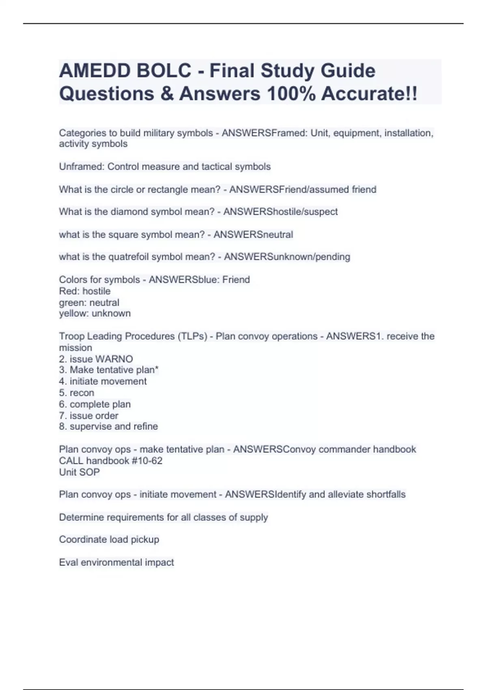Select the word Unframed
tap(80, 167)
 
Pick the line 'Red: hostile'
tap(84, 291)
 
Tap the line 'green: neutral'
tap(89, 302)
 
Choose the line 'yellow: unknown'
tap(95, 313)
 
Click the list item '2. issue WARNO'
tap(96, 359)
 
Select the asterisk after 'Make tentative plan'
tap(157, 369)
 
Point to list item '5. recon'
tap(76, 393)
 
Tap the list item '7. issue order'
tap(88, 416)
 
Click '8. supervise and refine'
tap(108, 427)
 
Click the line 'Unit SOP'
tap(79, 472)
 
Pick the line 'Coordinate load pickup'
tap(109, 539)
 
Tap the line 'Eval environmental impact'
tap(116, 562)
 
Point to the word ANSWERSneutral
tap(253, 235)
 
